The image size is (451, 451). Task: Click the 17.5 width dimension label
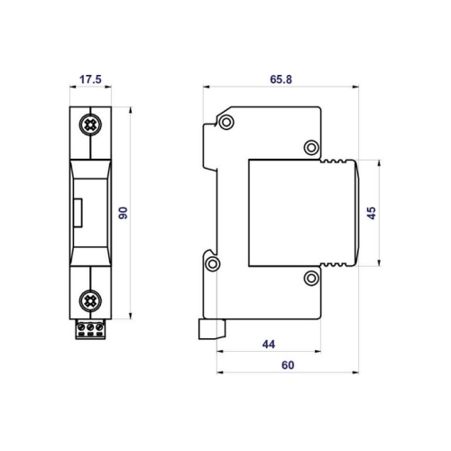[x=90, y=79]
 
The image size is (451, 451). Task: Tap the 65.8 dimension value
[x=281, y=79]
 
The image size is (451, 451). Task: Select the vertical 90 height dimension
[x=123, y=213]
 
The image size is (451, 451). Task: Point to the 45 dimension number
[x=372, y=213]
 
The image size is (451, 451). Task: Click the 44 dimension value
[x=269, y=345]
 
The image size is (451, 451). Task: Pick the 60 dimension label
[x=288, y=365]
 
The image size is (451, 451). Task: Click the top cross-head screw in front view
[x=90, y=124]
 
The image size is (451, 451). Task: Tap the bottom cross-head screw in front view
[x=90, y=300]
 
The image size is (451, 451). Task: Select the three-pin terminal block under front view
[x=90, y=329]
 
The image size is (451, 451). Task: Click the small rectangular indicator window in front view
[x=78, y=213]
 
